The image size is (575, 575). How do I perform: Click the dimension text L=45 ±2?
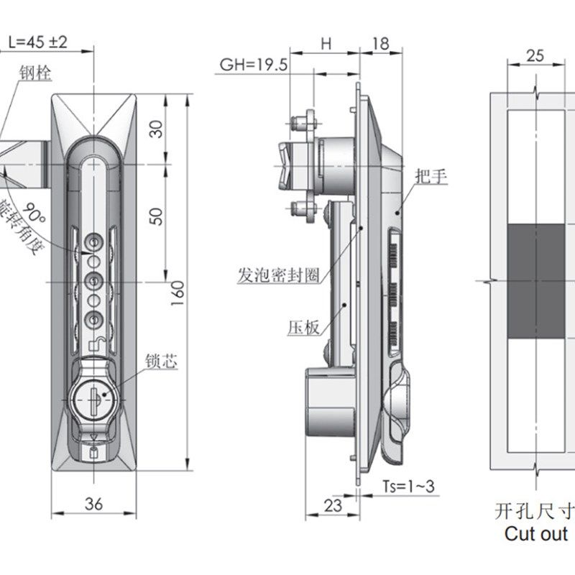37,42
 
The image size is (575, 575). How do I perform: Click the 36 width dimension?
93,504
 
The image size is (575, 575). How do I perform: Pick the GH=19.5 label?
254,65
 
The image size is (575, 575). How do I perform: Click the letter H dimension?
326,43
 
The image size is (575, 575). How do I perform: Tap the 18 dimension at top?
380,43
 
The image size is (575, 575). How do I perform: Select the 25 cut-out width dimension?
535,55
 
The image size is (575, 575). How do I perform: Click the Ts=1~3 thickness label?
406,486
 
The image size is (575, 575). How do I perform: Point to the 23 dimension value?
333,505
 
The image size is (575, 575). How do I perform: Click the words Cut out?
535,534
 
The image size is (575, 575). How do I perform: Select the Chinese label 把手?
431,175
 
